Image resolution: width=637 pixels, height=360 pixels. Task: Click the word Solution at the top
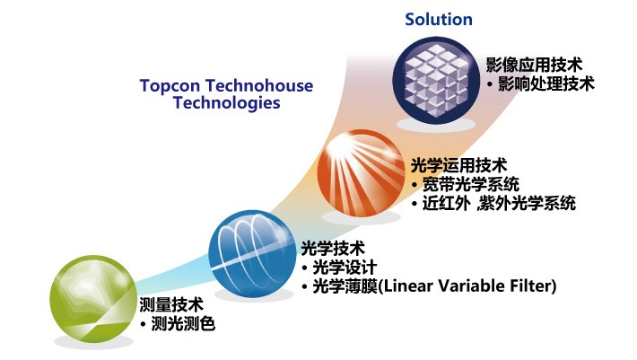439,19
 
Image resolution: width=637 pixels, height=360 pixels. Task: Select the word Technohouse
259,85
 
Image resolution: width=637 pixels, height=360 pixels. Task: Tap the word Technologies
227,102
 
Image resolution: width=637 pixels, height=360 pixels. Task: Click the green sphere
92,300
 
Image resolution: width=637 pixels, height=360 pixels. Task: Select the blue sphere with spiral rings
252,253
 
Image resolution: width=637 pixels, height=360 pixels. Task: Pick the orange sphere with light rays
361,172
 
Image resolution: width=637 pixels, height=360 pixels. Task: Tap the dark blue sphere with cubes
436,80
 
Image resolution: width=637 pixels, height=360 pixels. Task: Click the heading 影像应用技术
534,65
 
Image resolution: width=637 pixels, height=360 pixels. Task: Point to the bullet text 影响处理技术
546,83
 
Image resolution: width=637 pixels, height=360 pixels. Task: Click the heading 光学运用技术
458,165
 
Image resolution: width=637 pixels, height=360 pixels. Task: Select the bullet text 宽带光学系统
470,184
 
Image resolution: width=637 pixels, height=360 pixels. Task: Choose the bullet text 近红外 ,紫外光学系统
499,203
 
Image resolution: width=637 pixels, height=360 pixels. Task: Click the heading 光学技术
333,249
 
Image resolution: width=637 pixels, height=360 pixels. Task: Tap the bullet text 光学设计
345,268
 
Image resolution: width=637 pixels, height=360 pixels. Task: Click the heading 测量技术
171,304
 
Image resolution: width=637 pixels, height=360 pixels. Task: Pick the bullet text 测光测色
183,323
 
